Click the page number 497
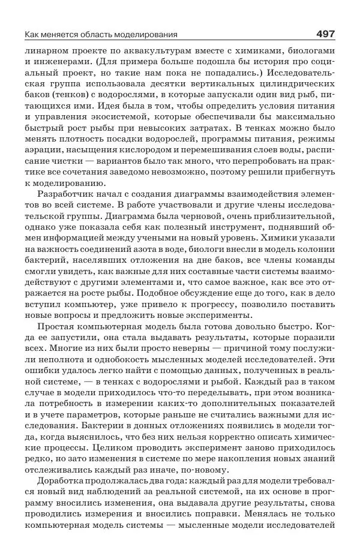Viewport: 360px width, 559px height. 322,34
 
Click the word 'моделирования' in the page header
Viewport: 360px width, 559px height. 151,35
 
